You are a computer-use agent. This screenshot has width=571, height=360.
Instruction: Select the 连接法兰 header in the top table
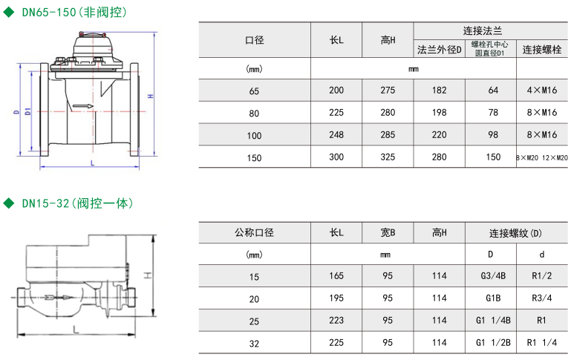483,31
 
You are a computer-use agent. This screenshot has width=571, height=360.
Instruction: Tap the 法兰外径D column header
440,50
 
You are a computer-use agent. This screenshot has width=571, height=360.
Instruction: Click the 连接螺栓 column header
542,50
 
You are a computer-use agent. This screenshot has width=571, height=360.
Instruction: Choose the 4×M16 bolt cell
542,90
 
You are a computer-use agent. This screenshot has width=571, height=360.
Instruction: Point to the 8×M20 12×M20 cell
542,157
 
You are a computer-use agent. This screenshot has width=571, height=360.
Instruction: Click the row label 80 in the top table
255,113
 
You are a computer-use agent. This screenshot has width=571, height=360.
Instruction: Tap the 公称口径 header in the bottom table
255,232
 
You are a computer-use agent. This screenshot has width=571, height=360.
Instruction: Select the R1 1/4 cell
542,343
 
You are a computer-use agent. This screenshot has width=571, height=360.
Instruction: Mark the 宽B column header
388,232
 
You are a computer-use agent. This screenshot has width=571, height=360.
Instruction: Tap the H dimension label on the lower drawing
147,275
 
